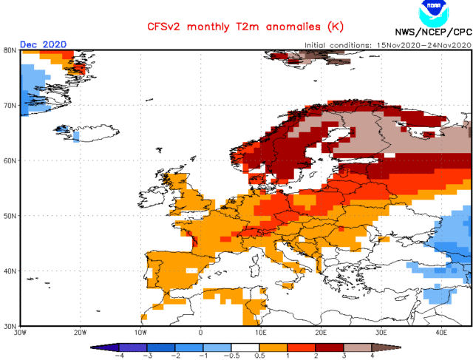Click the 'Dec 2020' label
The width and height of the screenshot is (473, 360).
tap(43, 44)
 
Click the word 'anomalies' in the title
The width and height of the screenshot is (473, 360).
tap(279, 27)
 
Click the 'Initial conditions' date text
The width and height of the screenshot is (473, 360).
tap(388, 45)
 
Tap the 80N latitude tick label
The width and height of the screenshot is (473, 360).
tap(10, 50)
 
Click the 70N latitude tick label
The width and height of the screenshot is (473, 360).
tap(10, 106)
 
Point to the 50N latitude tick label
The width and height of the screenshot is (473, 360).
tap(10, 216)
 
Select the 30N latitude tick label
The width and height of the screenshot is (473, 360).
tap(10, 326)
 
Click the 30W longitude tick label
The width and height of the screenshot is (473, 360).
tap(21, 334)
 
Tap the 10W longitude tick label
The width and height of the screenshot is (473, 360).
tap(140, 334)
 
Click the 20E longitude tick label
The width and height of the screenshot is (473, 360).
tap(321, 334)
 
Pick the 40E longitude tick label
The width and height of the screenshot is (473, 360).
tap(441, 334)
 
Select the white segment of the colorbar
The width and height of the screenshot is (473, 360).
tap(245, 346)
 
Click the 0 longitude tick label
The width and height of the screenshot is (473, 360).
tap(201, 334)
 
